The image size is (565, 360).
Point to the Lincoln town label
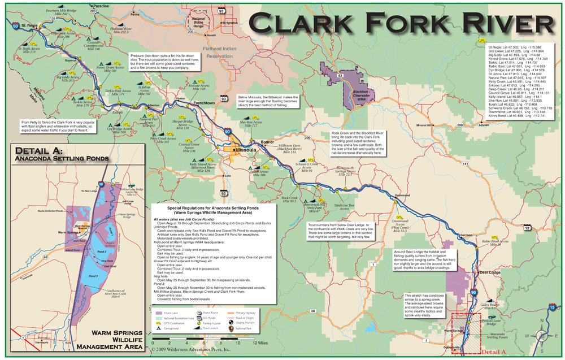[x=483, y=125]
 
